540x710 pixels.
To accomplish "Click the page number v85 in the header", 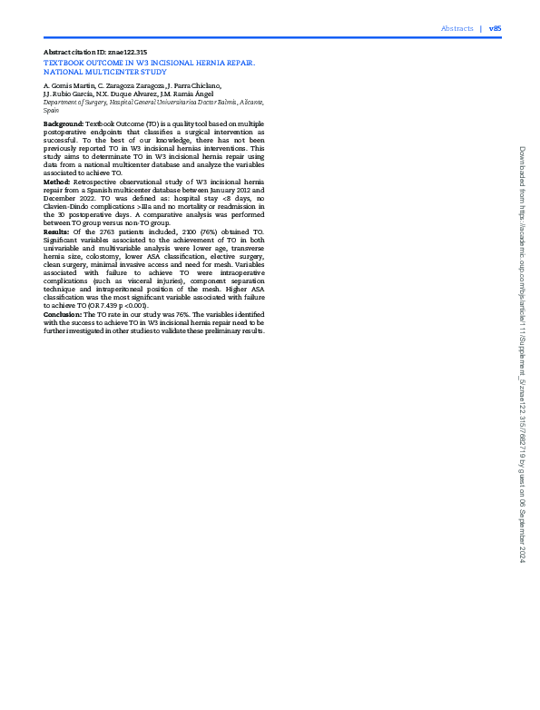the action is (495, 29).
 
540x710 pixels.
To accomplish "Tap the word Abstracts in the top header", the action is (457, 29).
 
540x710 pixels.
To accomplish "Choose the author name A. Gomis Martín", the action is (65, 84).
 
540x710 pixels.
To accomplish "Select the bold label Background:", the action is (64, 122).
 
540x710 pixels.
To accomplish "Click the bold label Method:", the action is (57, 181).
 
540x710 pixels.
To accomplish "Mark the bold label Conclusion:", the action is (63, 313).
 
